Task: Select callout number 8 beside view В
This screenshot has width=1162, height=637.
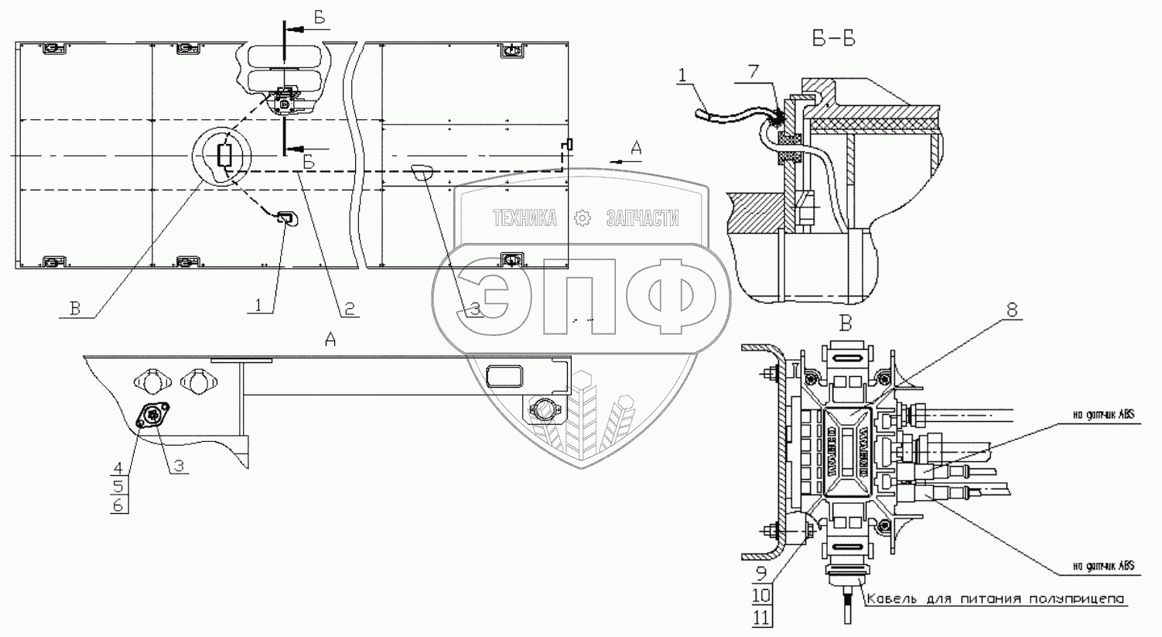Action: pos(1011,311)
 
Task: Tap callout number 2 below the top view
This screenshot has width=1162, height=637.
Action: pos(349,308)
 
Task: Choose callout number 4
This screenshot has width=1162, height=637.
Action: pos(118,467)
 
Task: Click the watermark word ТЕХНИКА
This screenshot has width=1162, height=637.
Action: pos(525,219)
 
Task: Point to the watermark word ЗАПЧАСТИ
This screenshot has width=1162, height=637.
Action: pos(642,219)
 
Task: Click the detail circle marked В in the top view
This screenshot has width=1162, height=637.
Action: pos(222,156)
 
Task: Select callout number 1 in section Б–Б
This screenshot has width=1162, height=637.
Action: pos(682,76)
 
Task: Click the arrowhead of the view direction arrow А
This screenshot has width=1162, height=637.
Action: pos(613,158)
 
